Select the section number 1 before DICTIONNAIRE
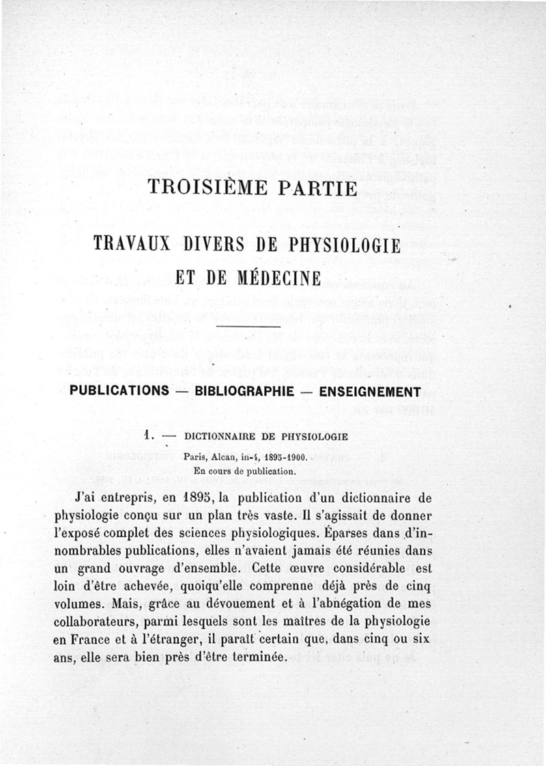click(147, 436)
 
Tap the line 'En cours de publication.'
click(244, 470)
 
